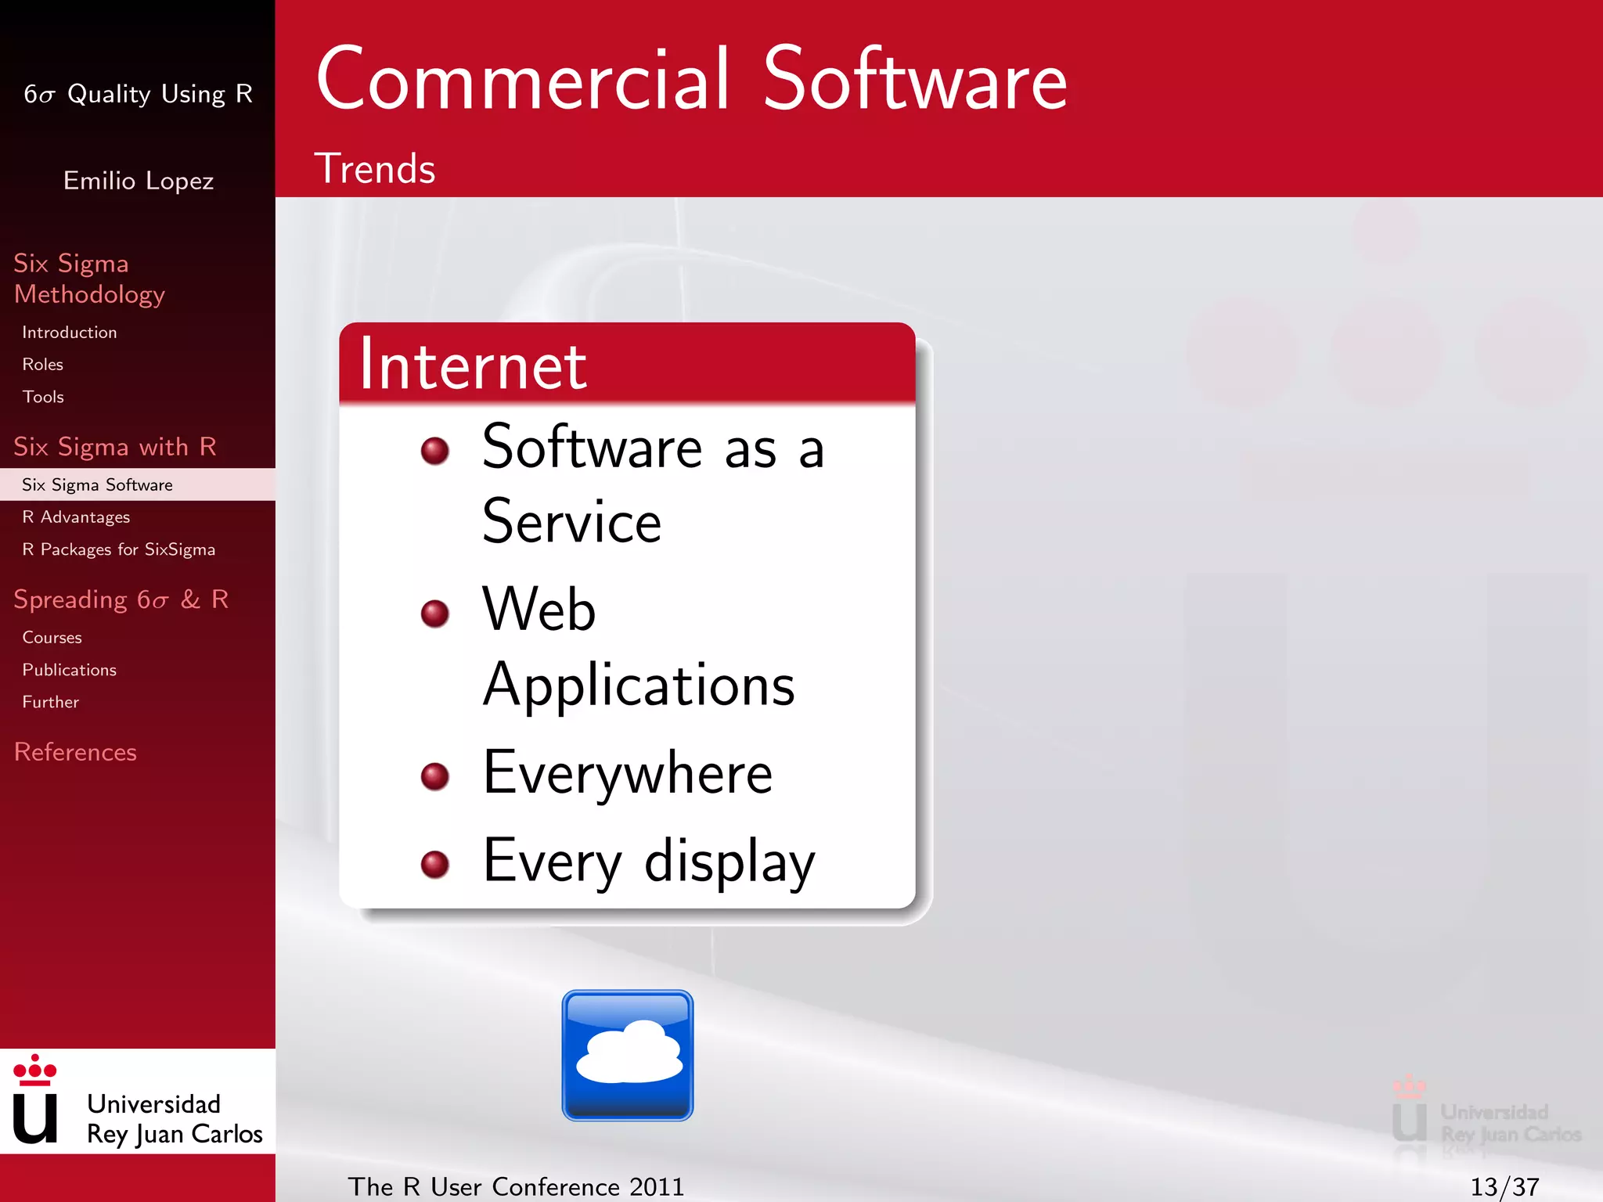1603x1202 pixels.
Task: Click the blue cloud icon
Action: tap(627, 1055)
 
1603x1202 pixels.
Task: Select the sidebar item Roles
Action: tap(43, 365)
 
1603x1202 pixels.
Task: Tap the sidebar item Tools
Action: tap(43, 397)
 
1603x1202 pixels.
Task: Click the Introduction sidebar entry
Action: tap(70, 333)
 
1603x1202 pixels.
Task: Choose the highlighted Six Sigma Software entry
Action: tap(97, 485)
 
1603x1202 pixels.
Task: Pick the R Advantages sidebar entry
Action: tap(76, 517)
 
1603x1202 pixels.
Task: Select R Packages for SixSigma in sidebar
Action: tap(118, 549)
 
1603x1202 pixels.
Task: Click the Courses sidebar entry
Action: tap(52, 638)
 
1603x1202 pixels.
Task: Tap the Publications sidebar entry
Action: tap(69, 670)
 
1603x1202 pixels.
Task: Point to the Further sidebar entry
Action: tap(50, 702)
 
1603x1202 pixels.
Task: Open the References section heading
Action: tap(75, 752)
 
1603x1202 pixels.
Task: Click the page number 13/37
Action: tap(1504, 1186)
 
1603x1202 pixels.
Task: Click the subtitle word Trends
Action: tap(374, 169)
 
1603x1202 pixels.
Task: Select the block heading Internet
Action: tap(473, 365)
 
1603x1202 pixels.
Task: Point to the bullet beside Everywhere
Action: tap(435, 776)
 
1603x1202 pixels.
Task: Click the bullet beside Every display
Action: tap(435, 864)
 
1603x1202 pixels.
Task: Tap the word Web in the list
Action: tap(539, 609)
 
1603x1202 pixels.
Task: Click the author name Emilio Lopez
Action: tap(139, 181)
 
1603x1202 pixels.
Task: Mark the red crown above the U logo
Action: tap(35, 1070)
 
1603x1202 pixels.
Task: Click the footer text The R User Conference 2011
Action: tap(516, 1186)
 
